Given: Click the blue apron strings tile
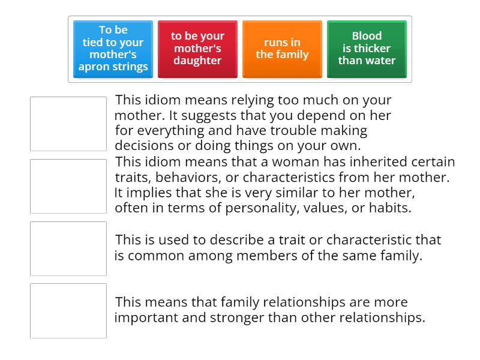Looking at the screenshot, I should [113, 49].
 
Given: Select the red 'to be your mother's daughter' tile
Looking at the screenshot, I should [197, 49].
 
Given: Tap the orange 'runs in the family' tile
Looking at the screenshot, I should [282, 49].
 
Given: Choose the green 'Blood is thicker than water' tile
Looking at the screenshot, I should [367, 49].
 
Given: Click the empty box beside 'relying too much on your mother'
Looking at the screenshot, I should [68, 124].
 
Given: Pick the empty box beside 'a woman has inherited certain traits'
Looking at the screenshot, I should [68, 186].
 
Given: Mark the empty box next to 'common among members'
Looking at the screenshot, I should [68, 248].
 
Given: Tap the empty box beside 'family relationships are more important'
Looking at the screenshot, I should [68, 311].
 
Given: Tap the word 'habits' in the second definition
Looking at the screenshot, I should [390, 208].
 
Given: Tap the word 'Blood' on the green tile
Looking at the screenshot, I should [367, 36].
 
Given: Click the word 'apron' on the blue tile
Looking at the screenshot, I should [95, 67].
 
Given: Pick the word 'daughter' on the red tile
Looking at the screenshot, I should [197, 61].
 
